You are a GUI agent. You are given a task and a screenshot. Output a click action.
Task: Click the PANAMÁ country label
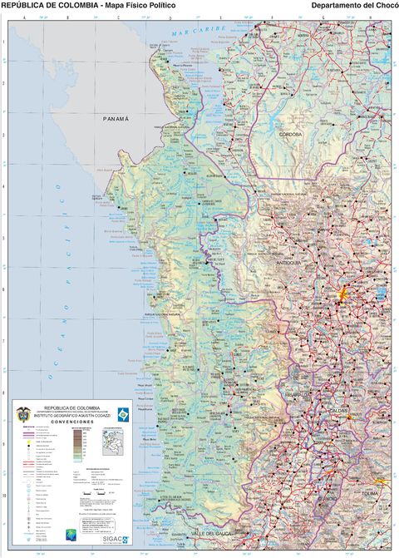tap(116, 119)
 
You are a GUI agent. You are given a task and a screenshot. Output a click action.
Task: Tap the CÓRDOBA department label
tap(290, 134)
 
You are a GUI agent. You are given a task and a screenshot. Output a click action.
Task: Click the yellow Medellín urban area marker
tap(342, 293)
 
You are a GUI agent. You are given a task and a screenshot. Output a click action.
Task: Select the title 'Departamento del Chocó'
tap(353, 6)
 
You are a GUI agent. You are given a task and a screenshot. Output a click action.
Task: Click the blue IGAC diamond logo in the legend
tap(123, 413)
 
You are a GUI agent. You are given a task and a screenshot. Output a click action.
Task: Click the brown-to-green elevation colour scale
tap(77, 444)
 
